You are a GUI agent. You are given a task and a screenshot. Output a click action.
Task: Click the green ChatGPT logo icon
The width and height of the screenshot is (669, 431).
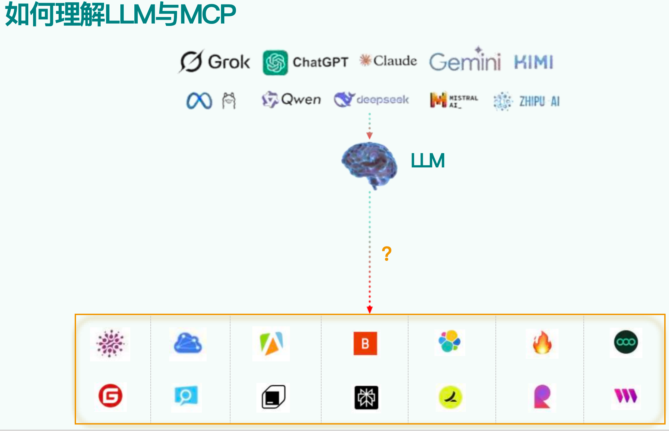[x=275, y=62]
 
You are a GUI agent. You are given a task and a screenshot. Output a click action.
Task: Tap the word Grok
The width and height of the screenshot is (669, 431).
[x=229, y=62]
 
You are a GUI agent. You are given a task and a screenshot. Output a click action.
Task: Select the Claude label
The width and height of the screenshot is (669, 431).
[x=395, y=61]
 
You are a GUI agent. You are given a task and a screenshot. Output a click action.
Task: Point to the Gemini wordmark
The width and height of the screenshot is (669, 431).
[x=465, y=61]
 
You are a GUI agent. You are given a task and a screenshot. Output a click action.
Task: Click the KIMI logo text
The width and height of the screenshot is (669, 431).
[x=533, y=62]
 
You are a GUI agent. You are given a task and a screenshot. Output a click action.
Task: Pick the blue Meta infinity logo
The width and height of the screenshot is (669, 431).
[x=199, y=101]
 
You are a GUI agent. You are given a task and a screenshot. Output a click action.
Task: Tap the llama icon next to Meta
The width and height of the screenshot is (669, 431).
[x=229, y=101]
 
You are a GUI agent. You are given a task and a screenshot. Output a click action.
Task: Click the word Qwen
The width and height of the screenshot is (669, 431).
[x=301, y=100]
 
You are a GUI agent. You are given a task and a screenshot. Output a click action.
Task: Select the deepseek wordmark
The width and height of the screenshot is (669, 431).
[x=382, y=100]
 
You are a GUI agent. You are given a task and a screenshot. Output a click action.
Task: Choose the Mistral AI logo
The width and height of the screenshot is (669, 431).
[x=454, y=100]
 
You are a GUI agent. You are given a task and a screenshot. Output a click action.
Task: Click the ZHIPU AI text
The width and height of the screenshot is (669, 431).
[x=539, y=101]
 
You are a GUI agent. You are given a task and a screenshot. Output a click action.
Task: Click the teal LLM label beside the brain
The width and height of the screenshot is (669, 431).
[x=428, y=161]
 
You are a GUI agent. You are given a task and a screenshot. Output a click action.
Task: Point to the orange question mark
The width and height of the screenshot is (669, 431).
[x=386, y=254]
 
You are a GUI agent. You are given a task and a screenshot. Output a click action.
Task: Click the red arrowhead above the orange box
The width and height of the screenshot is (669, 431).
[x=370, y=309]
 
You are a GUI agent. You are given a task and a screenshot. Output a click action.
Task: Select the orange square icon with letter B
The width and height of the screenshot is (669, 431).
[x=365, y=343]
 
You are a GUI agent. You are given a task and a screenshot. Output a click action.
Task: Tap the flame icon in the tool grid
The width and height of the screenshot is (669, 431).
[x=542, y=343]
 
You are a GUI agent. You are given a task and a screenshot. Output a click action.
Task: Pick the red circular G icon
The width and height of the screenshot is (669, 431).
[x=110, y=396]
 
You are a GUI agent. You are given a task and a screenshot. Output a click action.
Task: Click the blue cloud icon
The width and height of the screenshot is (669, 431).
[x=188, y=343]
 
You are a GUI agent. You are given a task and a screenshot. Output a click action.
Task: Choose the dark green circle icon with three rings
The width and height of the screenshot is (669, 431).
[x=626, y=342]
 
